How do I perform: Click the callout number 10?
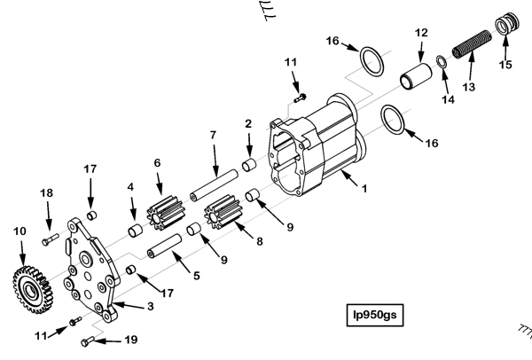point(19,232)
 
